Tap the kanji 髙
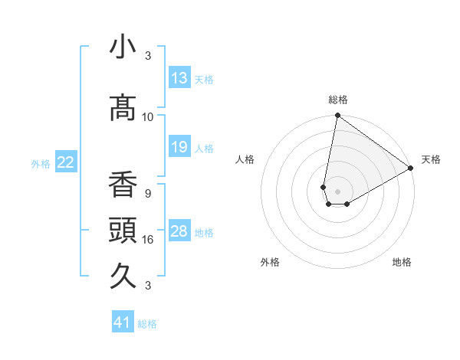pyautogui.click(x=123, y=108)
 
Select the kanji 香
pyautogui.click(x=123, y=185)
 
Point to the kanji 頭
pyautogui.click(x=123, y=231)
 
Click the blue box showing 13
pyautogui.click(x=179, y=78)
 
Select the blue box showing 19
pyautogui.click(x=179, y=147)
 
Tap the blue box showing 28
pyautogui.click(x=179, y=232)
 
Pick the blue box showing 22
pyautogui.click(x=66, y=162)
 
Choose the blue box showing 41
pyautogui.click(x=123, y=322)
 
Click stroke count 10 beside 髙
pyautogui.click(x=148, y=117)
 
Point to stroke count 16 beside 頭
pyautogui.click(x=148, y=240)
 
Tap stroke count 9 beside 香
pyautogui.click(x=148, y=193)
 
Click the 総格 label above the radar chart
pyautogui.click(x=338, y=100)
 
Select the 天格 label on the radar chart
pyautogui.click(x=431, y=159)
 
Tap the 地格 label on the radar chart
pyautogui.click(x=402, y=262)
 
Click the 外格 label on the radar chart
pyautogui.click(x=270, y=262)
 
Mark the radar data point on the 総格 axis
pyautogui.click(x=337, y=116)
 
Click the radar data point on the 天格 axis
pyautogui.click(x=411, y=169)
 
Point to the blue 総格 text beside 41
pyautogui.click(x=147, y=324)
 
